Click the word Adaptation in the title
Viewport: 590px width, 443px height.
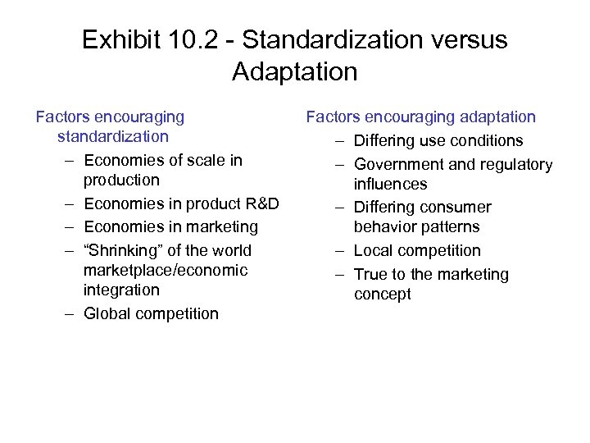(x=295, y=71)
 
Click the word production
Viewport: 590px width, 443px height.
(x=121, y=180)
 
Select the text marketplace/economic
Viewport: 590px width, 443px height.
(x=166, y=270)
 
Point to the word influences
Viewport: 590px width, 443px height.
(x=391, y=184)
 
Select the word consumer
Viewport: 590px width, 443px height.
(x=455, y=208)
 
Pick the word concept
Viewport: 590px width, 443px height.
(x=383, y=294)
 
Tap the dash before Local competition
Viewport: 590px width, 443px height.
(x=339, y=250)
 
